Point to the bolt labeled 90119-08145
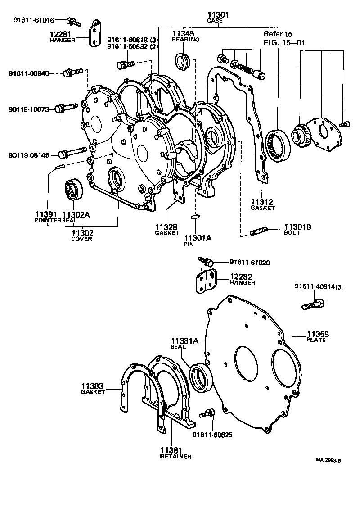point(72,153)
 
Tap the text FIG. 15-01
point(278,43)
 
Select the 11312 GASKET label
point(263,204)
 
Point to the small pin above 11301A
point(195,218)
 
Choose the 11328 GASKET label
point(167,230)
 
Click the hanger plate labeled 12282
point(206,281)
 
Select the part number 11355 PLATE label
point(318,337)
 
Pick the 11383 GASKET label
point(93,389)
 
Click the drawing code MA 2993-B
point(328,460)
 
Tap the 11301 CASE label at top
point(218,17)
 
